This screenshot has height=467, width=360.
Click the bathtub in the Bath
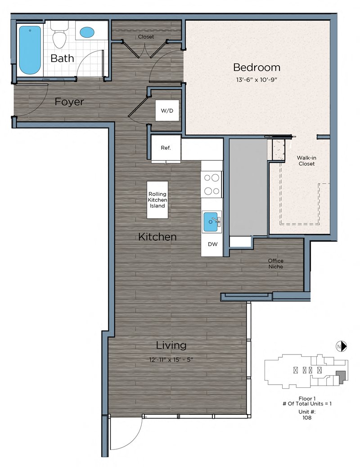click(x=30, y=50)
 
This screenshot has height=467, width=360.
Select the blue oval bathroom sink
click(x=87, y=32)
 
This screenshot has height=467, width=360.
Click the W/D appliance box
click(x=167, y=111)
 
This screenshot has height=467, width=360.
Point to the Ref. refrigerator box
click(x=166, y=148)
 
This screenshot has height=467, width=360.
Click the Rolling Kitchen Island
click(x=157, y=200)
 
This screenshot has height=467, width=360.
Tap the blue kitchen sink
click(x=211, y=222)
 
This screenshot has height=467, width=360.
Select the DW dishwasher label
click(x=212, y=244)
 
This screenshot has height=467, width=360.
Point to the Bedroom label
click(x=256, y=67)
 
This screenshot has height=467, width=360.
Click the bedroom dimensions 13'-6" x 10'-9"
click(x=256, y=80)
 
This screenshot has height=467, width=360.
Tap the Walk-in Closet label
click(x=306, y=161)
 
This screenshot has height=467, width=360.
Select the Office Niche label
click(x=276, y=264)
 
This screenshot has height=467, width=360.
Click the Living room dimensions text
click(x=171, y=359)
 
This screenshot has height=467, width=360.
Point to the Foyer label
click(x=69, y=102)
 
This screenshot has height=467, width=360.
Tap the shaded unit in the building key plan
click(x=341, y=377)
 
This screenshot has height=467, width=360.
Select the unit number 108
click(x=307, y=418)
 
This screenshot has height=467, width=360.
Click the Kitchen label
click(x=157, y=237)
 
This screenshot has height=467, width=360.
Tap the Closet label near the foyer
click(x=146, y=36)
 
